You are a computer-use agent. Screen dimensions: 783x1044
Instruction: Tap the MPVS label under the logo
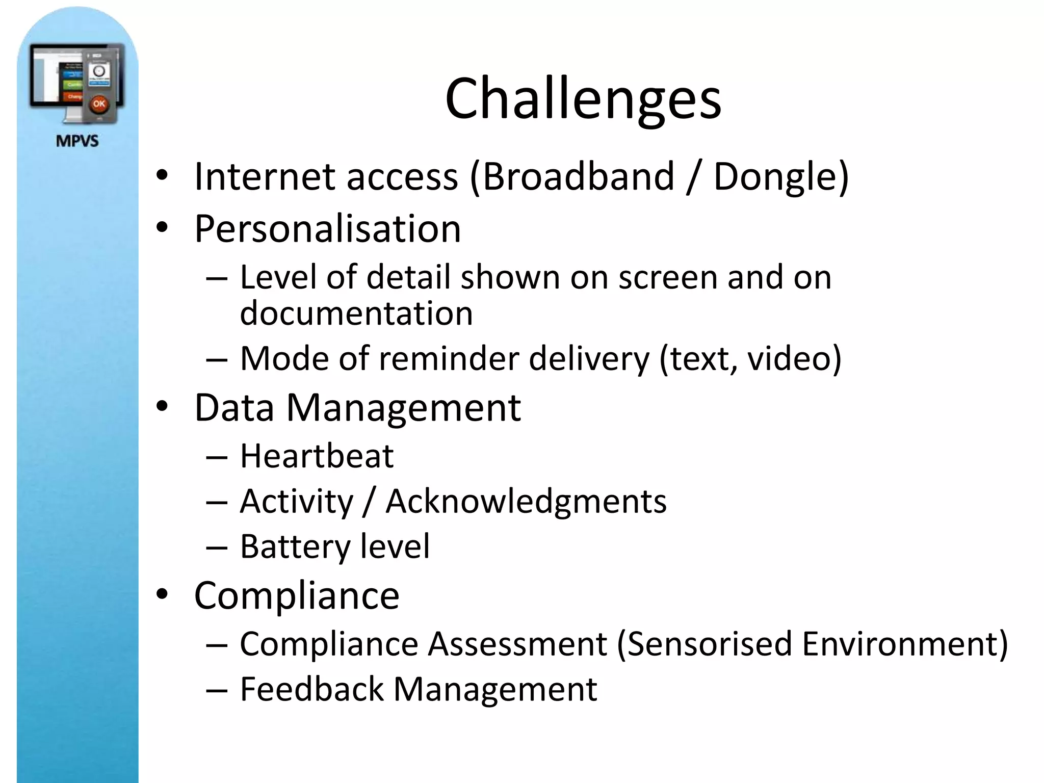(77, 141)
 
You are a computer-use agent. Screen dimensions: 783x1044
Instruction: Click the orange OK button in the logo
(99, 104)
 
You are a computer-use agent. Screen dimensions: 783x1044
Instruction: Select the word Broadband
(578, 176)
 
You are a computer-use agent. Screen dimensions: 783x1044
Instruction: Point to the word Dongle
(774, 176)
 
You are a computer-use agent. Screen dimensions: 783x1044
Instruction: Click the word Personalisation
(328, 228)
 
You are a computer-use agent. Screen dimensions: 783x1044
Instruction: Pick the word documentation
(356, 312)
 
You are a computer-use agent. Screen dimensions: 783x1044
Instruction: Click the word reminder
(452, 358)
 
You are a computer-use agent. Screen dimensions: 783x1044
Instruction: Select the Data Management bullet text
(357, 408)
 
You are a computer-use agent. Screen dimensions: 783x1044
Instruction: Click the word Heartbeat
(317, 455)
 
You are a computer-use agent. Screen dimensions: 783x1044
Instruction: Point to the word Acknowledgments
(526, 501)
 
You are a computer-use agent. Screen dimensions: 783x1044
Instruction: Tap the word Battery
(295, 546)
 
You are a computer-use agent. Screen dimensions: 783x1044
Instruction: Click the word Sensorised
(709, 643)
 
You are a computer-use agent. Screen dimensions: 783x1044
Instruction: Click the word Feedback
(311, 689)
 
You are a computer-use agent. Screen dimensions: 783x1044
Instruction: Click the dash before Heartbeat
(217, 457)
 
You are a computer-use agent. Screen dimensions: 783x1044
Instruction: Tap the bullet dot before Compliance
(162, 594)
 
